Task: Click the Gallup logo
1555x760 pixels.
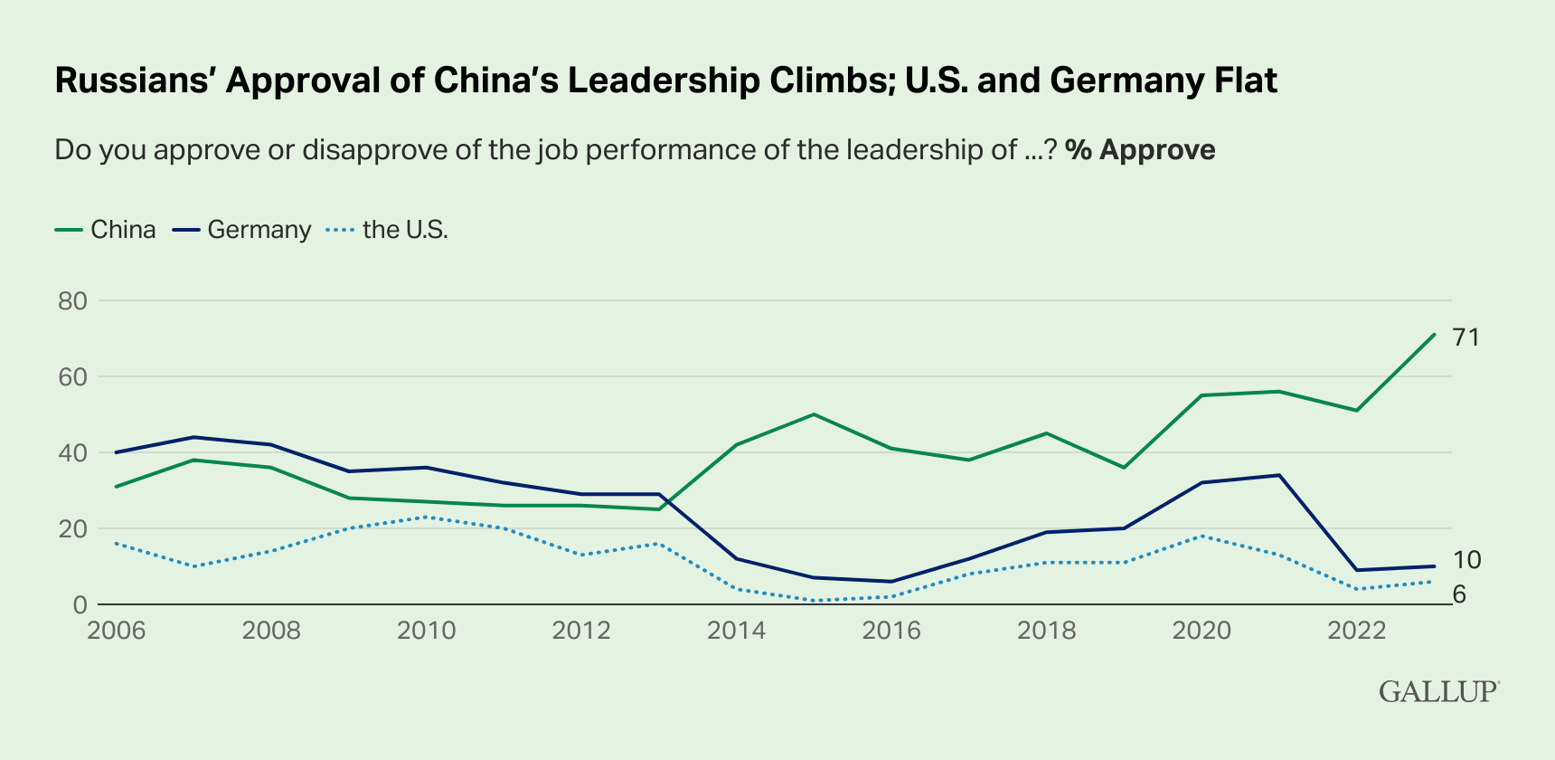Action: pyautogui.click(x=1438, y=691)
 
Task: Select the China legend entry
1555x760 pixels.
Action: pyautogui.click(x=106, y=230)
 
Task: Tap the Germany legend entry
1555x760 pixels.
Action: pyautogui.click(x=241, y=230)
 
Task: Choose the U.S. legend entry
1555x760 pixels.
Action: pyautogui.click(x=387, y=230)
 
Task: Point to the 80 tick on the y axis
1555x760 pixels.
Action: pyautogui.click(x=72, y=301)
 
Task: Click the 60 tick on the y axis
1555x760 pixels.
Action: pyautogui.click(x=72, y=376)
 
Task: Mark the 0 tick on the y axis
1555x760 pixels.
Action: pyautogui.click(x=80, y=604)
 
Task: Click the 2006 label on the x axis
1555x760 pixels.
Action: pyautogui.click(x=116, y=631)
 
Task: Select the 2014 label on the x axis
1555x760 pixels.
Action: pyautogui.click(x=736, y=631)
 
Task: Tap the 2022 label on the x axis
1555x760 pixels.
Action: pyautogui.click(x=1356, y=631)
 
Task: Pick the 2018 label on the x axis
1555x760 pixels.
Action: pyautogui.click(x=1046, y=631)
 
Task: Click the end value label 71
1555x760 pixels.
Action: pyautogui.click(x=1466, y=337)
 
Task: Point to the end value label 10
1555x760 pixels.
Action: pyautogui.click(x=1466, y=560)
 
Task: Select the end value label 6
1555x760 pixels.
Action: pyautogui.click(x=1459, y=594)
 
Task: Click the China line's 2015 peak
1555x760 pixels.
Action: pyautogui.click(x=814, y=414)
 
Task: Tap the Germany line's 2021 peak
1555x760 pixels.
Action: pyautogui.click(x=1279, y=475)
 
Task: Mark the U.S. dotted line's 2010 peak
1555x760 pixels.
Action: pyautogui.click(x=426, y=517)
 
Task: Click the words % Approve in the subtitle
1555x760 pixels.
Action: pyautogui.click(x=1139, y=149)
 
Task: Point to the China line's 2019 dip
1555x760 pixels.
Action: pyautogui.click(x=1124, y=468)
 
